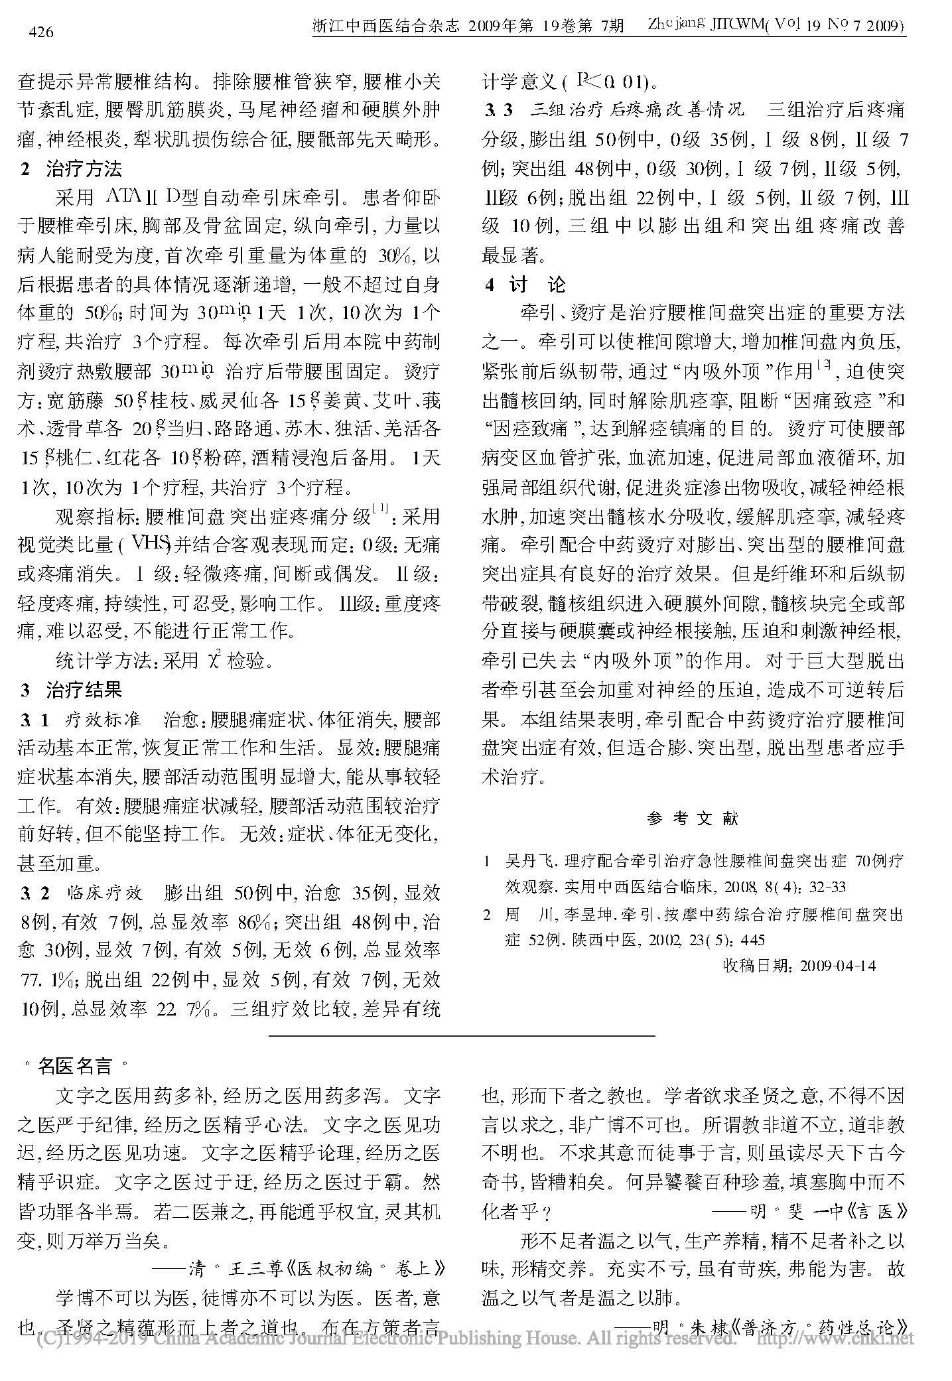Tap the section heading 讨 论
click(537, 285)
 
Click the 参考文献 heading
click(693, 819)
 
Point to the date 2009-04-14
click(838, 965)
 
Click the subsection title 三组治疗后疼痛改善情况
click(636, 110)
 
